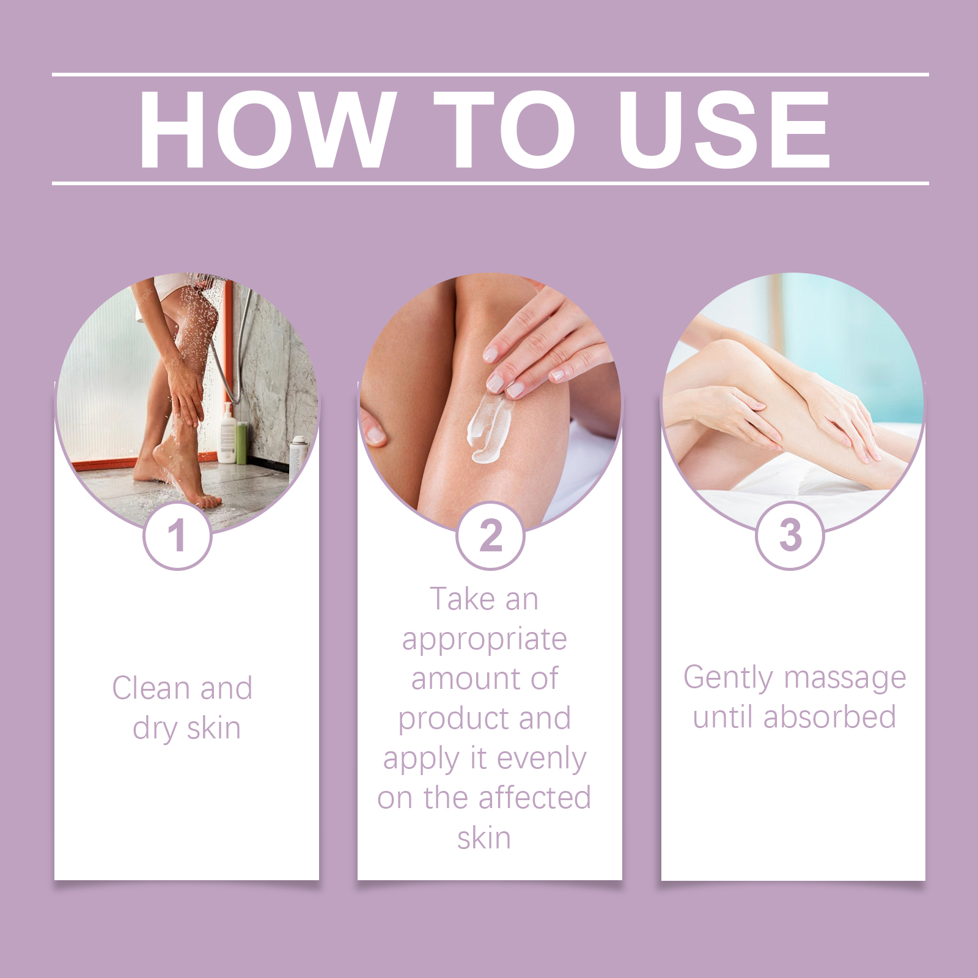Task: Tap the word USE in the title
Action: [x=724, y=129]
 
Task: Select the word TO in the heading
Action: [x=505, y=129]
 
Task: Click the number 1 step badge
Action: [x=177, y=536]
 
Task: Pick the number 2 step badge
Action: [x=490, y=536]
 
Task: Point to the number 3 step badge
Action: [x=790, y=536]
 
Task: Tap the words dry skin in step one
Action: [x=186, y=729]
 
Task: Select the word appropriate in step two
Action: [x=484, y=641]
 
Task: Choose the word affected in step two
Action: [x=535, y=798]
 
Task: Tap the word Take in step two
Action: [x=461, y=599]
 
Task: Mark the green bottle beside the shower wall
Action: [x=242, y=443]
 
